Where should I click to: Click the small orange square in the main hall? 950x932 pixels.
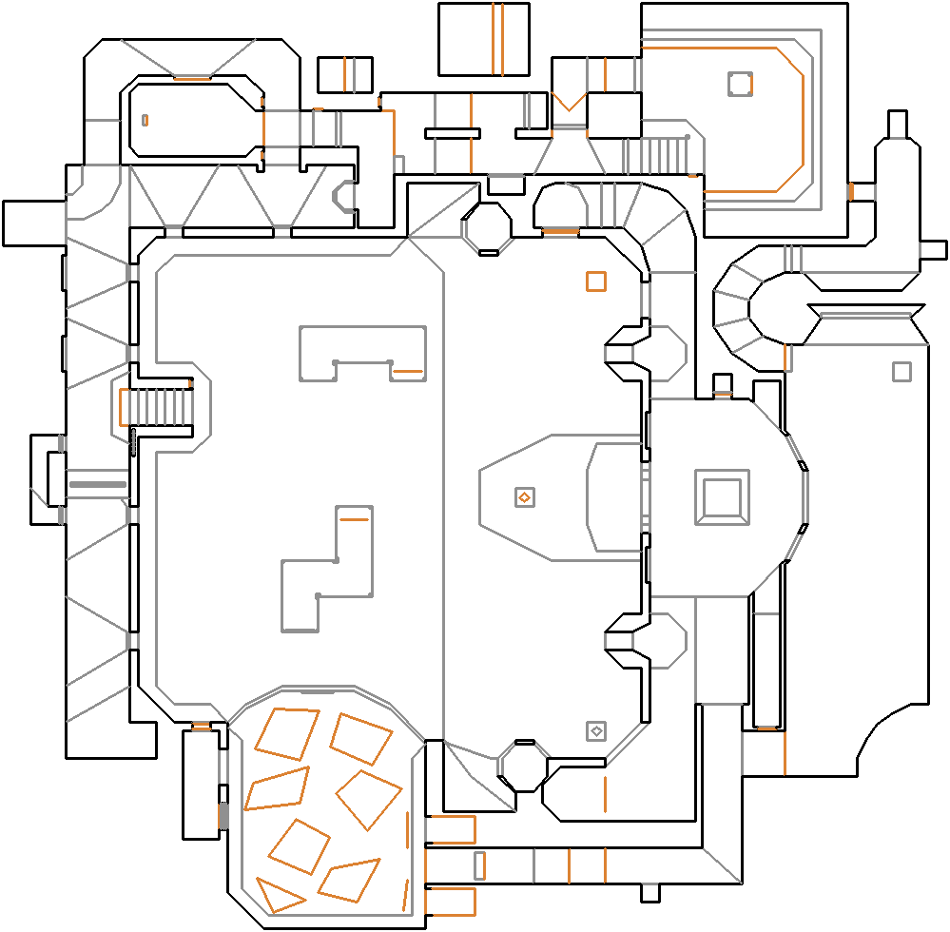(596, 282)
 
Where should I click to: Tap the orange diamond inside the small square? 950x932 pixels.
(523, 497)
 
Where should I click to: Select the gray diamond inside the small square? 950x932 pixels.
(596, 730)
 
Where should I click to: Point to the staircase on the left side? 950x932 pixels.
(158, 407)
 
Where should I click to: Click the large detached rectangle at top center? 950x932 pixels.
(484, 39)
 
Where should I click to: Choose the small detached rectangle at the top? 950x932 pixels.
(344, 75)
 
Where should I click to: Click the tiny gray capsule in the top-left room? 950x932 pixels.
(145, 120)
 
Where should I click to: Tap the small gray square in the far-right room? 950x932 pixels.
(902, 371)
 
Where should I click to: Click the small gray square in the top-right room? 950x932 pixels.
(740, 84)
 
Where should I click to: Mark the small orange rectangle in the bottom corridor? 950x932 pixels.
(479, 865)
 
